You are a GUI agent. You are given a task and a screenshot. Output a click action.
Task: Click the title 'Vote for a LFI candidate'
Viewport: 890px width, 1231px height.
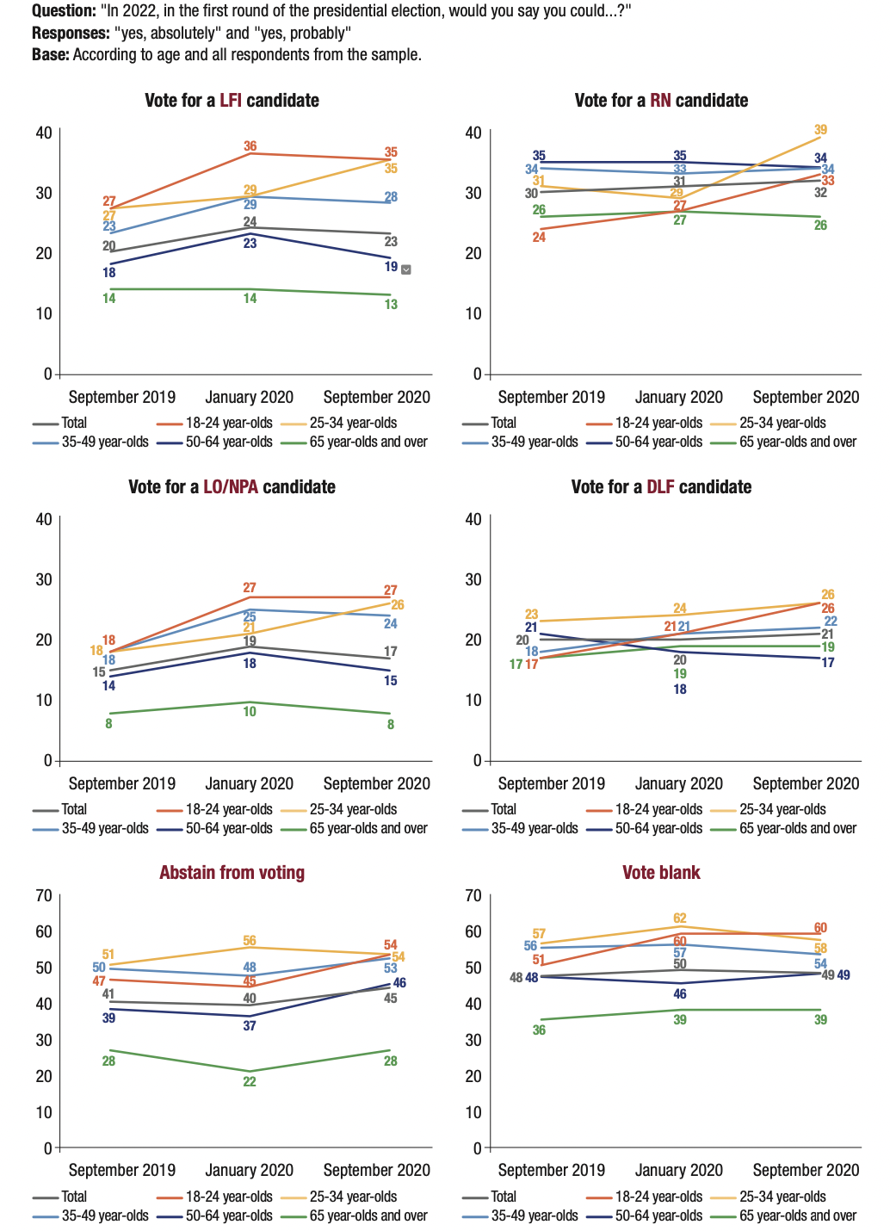232,101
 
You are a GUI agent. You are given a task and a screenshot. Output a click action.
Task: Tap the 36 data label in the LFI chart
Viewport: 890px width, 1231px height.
250,146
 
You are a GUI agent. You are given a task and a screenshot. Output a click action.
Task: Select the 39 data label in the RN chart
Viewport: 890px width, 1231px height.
820,130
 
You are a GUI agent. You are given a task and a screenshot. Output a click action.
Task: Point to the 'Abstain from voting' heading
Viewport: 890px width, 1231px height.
232,873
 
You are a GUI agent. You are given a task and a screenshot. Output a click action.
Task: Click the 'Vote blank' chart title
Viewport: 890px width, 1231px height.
661,873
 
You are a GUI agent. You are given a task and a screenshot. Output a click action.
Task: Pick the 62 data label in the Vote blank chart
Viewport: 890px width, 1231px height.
680,919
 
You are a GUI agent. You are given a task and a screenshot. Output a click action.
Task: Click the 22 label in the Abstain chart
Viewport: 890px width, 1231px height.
250,1082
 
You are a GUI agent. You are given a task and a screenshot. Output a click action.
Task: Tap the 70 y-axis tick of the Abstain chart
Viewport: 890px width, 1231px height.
43,895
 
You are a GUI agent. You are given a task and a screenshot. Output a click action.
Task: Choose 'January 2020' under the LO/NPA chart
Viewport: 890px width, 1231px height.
249,784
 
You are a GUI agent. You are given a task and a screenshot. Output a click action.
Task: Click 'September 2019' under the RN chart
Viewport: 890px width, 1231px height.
551,398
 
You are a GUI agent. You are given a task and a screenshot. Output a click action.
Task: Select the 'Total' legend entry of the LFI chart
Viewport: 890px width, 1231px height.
74,423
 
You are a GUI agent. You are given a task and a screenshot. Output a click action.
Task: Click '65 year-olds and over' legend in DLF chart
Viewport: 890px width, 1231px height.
798,828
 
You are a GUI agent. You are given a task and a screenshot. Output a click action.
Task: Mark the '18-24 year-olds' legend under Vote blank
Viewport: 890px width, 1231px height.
658,1197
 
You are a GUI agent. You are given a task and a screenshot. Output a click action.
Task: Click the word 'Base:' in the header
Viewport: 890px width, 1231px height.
51,54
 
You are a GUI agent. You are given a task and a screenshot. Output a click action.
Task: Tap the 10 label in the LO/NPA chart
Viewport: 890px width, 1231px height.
250,712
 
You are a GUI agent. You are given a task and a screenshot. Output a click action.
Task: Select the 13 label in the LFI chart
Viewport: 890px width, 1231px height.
391,305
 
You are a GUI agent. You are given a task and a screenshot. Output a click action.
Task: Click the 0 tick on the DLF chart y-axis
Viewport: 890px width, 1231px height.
477,761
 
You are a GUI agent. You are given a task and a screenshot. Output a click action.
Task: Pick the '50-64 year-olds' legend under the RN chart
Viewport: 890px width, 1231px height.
658,442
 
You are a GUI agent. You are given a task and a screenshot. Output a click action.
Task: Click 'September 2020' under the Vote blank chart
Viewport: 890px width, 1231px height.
806,1171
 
